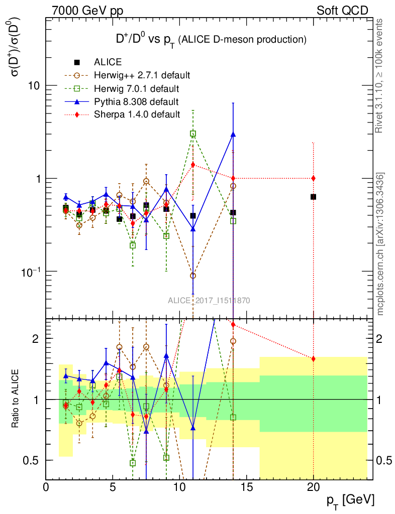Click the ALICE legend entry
[108, 63]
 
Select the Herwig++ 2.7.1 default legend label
[141, 76]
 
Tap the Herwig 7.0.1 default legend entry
[136, 89]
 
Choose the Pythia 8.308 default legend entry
[136, 102]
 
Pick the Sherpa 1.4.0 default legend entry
[137, 114]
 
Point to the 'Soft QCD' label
[342, 11]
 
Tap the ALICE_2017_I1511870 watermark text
[209, 301]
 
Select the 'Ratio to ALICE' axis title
[17, 399]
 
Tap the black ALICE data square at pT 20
[313, 197]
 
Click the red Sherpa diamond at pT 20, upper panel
[313, 178]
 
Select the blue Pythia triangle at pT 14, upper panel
[233, 135]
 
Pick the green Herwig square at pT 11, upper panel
[193, 134]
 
